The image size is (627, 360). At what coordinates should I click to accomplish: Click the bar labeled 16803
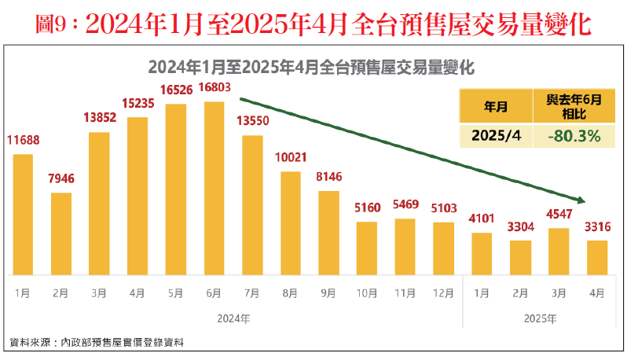pyautogui.click(x=214, y=189)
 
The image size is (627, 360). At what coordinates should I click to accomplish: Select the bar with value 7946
pyautogui.click(x=61, y=233)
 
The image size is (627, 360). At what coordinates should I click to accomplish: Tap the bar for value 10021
pyautogui.click(x=291, y=223)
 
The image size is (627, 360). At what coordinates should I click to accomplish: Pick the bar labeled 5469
pyautogui.click(x=405, y=247)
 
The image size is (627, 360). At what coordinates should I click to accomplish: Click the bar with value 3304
pyautogui.click(x=519, y=258)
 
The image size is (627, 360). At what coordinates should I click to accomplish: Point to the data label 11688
pyautogui.click(x=23, y=141)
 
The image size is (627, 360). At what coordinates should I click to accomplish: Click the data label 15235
pyautogui.click(x=137, y=104)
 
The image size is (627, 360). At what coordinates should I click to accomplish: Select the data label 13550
pyautogui.click(x=252, y=122)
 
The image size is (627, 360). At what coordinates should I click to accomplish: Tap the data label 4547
pyautogui.click(x=558, y=215)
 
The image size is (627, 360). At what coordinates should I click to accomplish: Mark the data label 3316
pyautogui.click(x=596, y=228)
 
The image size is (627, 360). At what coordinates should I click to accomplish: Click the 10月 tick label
pyautogui.click(x=366, y=293)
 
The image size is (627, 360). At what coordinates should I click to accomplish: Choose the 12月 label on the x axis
pyautogui.click(x=443, y=293)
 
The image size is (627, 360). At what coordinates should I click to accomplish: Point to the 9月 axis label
pyautogui.click(x=328, y=293)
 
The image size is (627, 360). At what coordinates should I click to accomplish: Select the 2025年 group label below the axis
pyautogui.click(x=539, y=319)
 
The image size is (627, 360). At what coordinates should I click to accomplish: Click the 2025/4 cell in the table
pyautogui.click(x=496, y=136)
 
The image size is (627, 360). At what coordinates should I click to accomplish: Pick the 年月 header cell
pyautogui.click(x=496, y=105)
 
